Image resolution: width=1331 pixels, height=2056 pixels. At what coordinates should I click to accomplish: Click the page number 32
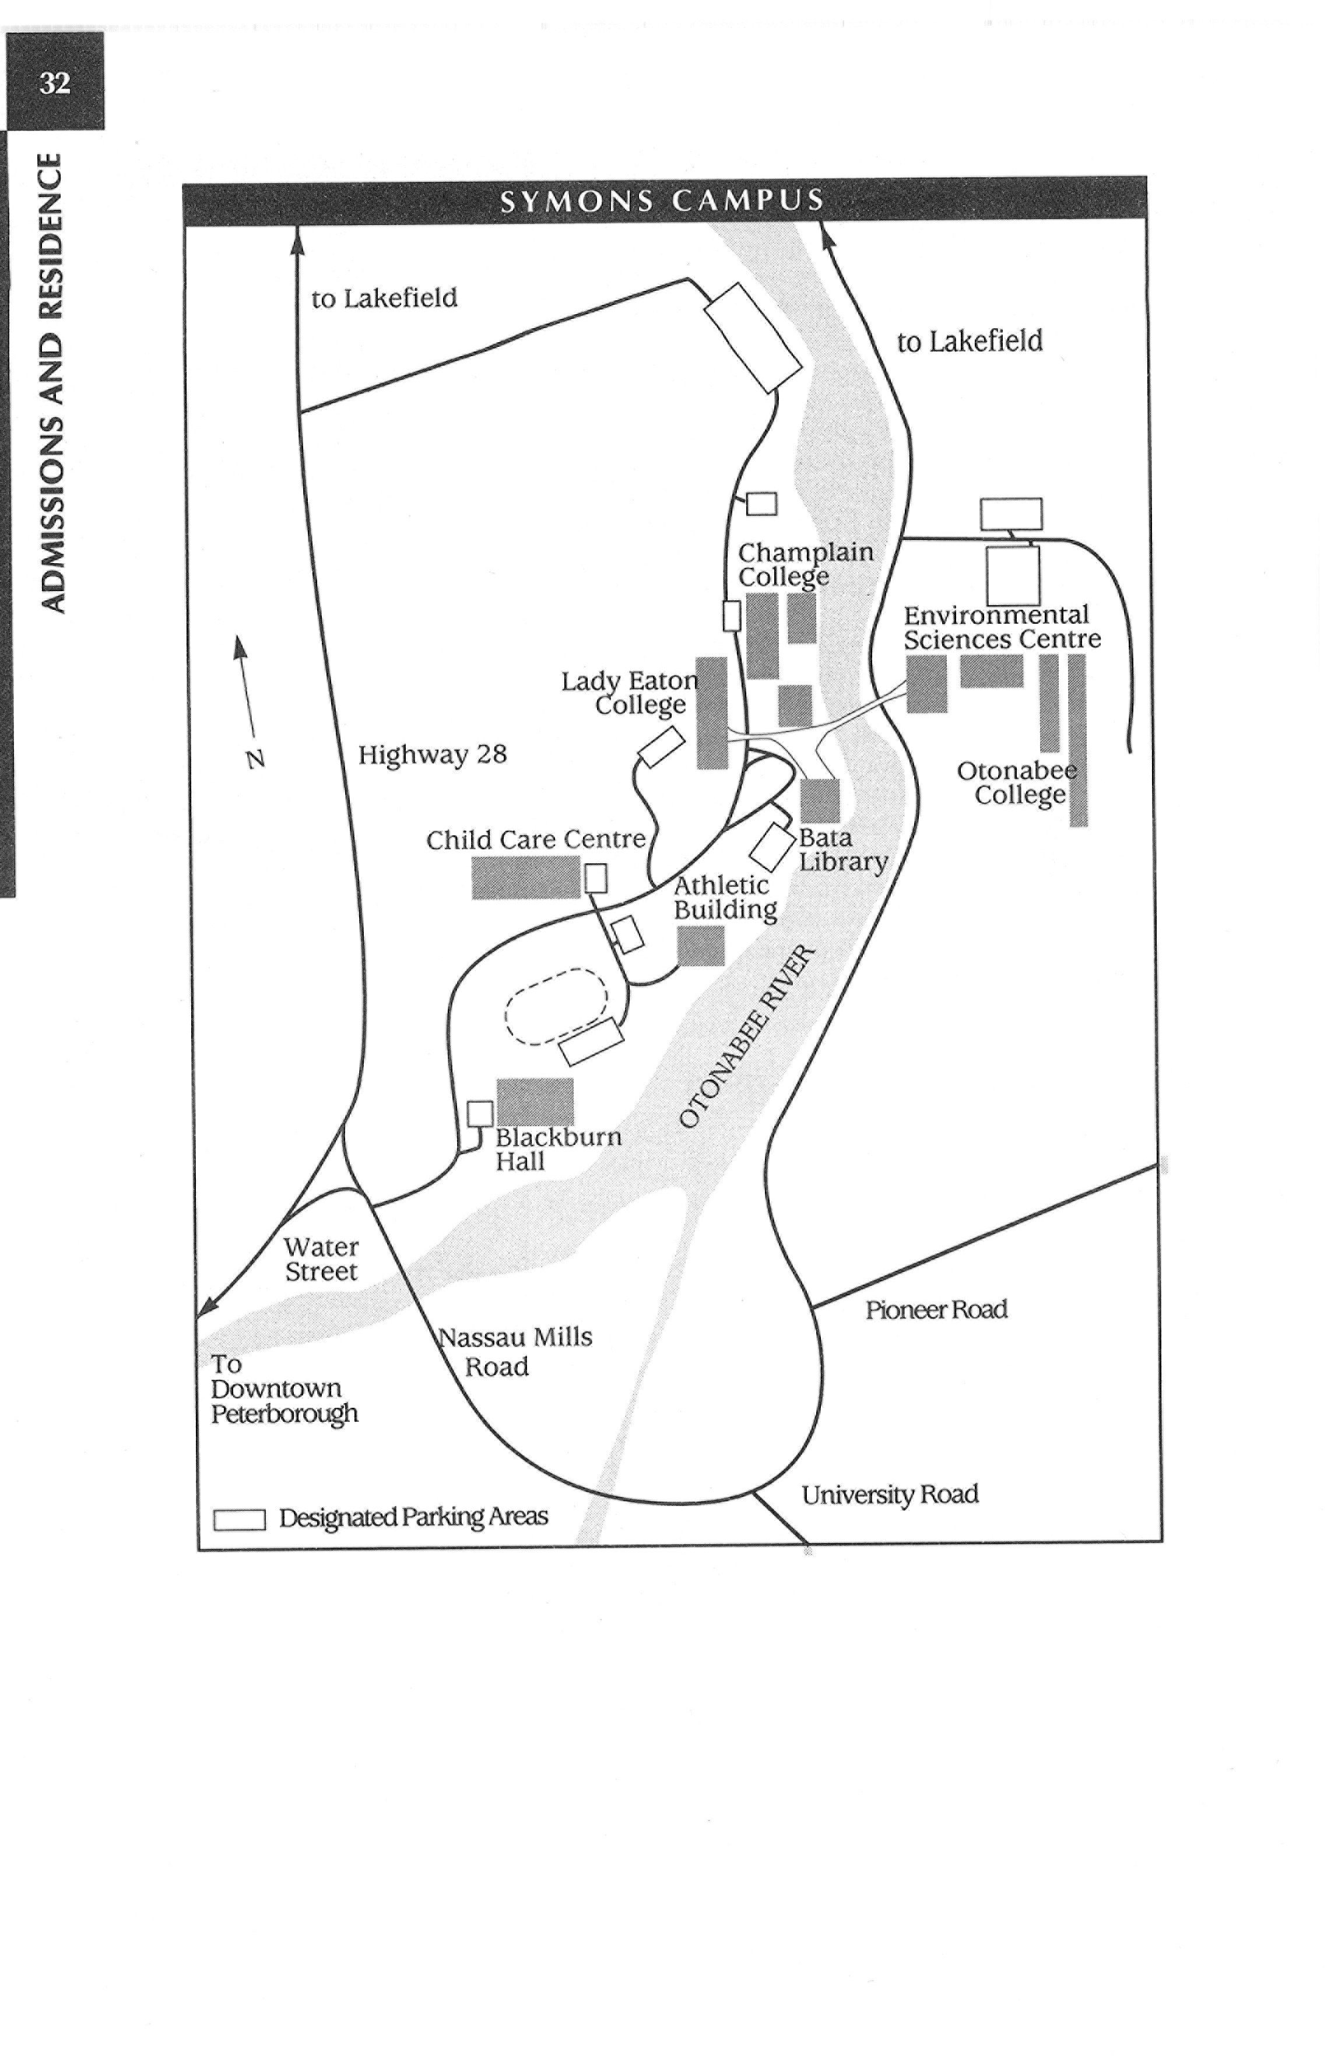click(54, 83)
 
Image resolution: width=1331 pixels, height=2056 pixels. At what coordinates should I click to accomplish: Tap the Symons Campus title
click(662, 201)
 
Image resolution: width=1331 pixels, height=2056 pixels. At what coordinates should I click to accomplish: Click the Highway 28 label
click(432, 754)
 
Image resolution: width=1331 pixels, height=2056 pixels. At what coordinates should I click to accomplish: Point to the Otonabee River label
click(747, 1036)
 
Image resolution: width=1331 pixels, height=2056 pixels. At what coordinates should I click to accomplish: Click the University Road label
click(890, 1495)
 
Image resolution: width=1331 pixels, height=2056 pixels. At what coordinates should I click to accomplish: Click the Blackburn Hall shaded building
click(535, 1101)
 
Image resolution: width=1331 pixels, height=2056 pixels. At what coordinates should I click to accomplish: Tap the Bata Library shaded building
click(820, 801)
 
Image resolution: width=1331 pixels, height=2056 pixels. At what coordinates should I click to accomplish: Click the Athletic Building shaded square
click(701, 945)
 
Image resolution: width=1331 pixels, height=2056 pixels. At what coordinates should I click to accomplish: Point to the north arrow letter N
click(255, 760)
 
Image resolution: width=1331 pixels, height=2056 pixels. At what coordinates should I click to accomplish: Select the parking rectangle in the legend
click(239, 1520)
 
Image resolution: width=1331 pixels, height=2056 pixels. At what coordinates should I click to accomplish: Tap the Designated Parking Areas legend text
click(413, 1518)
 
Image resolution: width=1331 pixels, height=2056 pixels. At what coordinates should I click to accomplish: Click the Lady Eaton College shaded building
click(712, 713)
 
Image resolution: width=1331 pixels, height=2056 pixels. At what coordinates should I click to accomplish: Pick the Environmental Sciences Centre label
click(1002, 627)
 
